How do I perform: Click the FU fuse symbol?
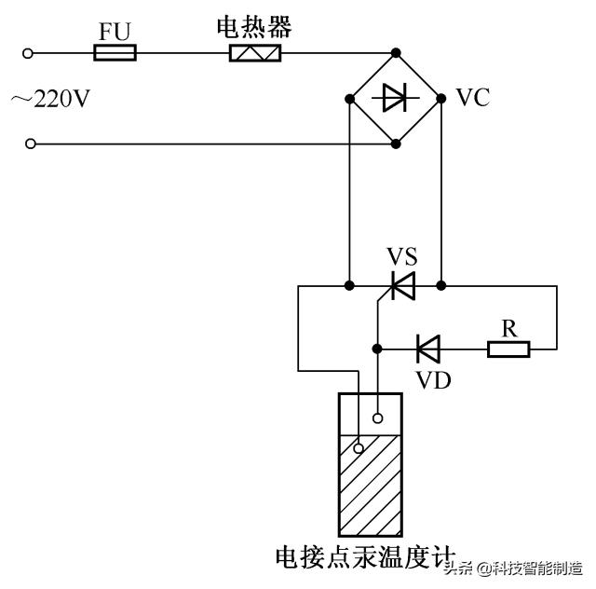(115, 53)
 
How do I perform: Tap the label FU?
(115, 32)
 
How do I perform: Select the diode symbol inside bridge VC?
(396, 97)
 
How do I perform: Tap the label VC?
(472, 98)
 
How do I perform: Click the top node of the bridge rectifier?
(397, 52)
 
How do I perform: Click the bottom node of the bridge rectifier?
(397, 144)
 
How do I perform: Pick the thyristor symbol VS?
(402, 285)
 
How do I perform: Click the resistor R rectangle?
(508, 349)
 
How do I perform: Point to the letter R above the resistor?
(508, 327)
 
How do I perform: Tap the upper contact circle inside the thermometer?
(379, 418)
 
